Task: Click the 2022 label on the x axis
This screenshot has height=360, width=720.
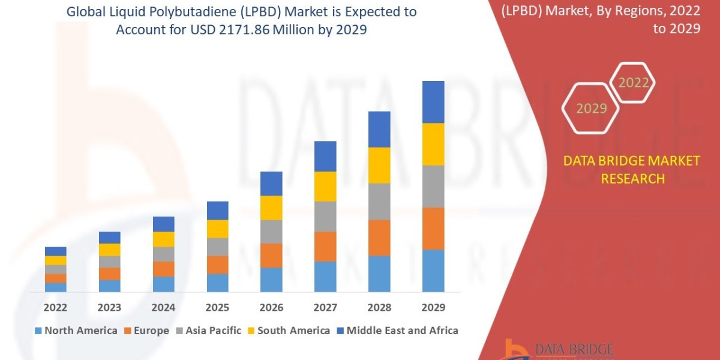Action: (x=55, y=308)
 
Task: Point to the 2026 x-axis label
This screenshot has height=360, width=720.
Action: (x=271, y=308)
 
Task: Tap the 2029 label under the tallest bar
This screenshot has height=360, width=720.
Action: (x=433, y=308)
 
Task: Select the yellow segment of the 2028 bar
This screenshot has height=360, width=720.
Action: (x=379, y=165)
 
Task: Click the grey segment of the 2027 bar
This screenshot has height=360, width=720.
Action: (x=325, y=216)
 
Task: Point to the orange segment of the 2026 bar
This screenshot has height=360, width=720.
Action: (x=271, y=255)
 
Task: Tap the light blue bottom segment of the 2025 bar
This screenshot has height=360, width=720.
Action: (x=217, y=283)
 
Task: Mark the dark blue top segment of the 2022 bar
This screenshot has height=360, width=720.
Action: (x=55, y=251)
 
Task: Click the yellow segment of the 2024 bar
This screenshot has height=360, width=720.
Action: (x=163, y=239)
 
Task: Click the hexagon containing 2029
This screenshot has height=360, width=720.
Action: (x=592, y=109)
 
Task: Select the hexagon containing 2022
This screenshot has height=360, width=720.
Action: (x=633, y=83)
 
